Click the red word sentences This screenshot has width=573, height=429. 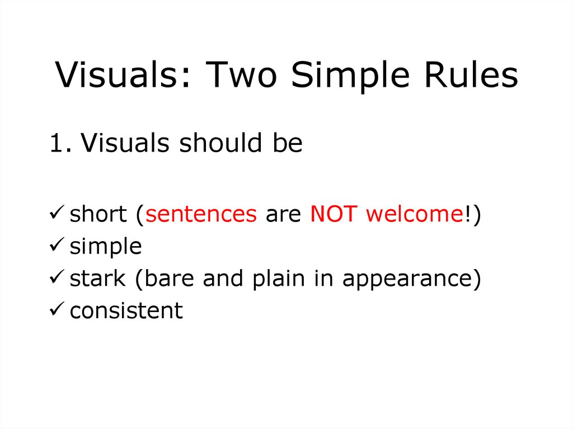[201, 214]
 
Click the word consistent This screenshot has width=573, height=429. [126, 310]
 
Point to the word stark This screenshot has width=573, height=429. [97, 279]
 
